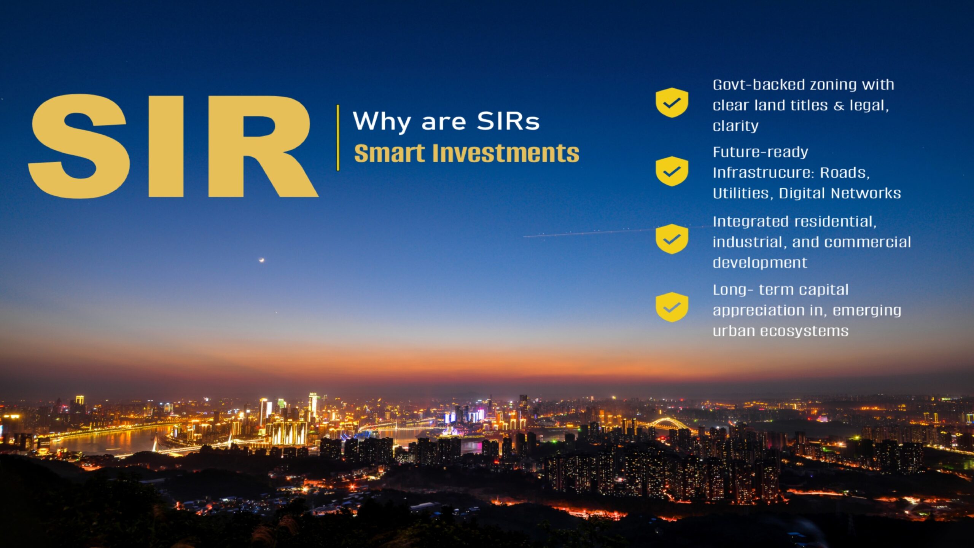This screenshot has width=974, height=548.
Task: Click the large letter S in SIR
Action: coord(78,147)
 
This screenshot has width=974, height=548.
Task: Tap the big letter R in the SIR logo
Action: coord(263,147)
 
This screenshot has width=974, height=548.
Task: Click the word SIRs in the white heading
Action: coord(508,121)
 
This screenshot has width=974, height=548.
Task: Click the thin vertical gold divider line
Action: coord(338,137)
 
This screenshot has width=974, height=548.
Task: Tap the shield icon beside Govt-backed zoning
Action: coord(672,102)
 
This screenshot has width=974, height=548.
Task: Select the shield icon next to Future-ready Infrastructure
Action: coord(672,171)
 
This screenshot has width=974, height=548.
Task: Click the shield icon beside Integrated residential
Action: coord(672,239)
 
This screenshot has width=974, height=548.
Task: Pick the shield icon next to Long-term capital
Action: coord(672,307)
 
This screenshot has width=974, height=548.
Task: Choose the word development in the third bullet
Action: coord(760,263)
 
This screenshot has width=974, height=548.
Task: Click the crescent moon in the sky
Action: coord(261,260)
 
